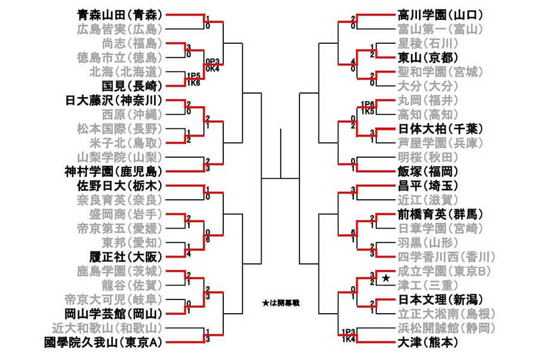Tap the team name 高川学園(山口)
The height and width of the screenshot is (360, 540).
tap(441, 14)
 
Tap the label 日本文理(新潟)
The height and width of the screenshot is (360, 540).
tap(441, 299)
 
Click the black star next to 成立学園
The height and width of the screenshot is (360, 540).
tap(386, 278)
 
